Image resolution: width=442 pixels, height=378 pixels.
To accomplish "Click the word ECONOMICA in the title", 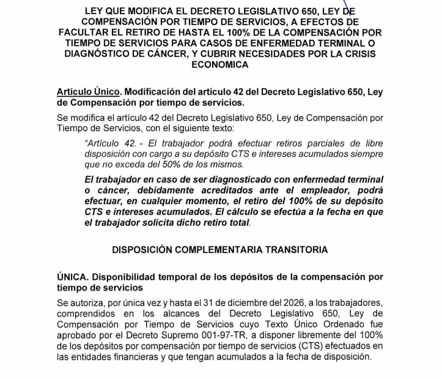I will click(220, 64).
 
